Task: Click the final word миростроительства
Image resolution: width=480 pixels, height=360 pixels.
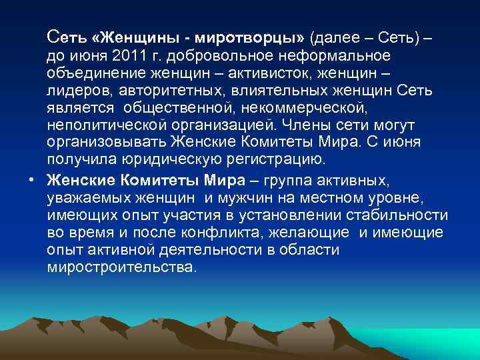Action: [x=120, y=267]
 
